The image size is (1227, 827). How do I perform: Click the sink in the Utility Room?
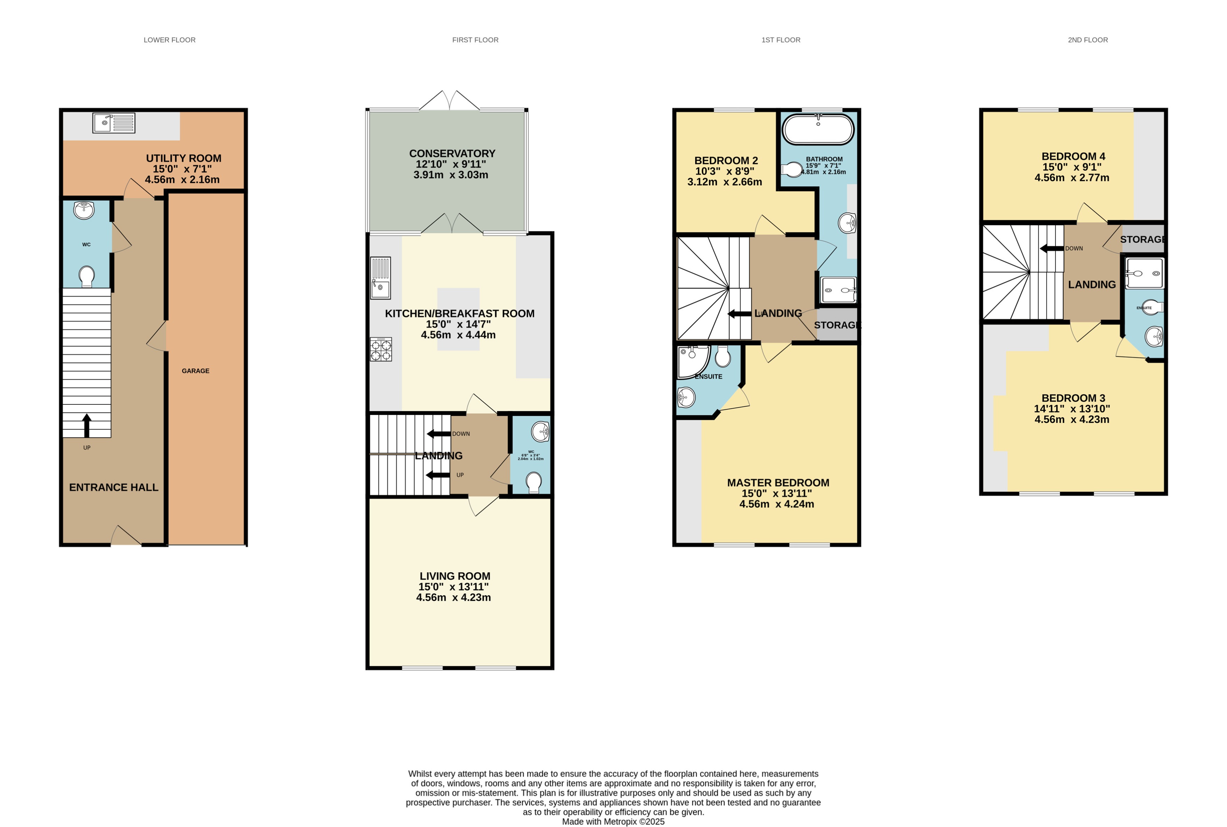114,123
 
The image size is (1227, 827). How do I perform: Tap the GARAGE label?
195,371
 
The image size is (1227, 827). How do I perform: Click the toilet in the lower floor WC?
87,276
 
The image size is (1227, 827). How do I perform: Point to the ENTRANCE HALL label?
114,487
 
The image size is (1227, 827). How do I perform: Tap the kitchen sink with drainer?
380,278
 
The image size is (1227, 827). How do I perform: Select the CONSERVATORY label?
452,153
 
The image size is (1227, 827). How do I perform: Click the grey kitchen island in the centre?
458,319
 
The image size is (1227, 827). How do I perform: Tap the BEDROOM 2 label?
726,160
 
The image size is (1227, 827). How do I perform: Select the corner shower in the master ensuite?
692,361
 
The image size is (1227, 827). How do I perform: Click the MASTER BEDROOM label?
778,483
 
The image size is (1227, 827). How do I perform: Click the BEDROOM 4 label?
1073,156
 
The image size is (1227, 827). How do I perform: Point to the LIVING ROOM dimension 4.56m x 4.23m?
453,597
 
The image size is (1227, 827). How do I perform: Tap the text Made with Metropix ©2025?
613,821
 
